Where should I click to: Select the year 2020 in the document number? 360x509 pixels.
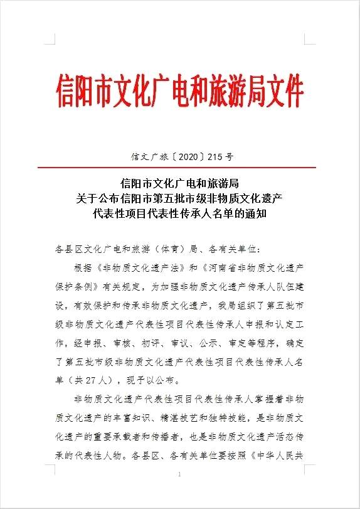pyautogui.click(x=179, y=156)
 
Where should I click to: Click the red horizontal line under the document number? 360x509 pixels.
pyautogui.click(x=180, y=168)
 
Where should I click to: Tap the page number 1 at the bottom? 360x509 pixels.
pyautogui.click(x=180, y=475)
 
